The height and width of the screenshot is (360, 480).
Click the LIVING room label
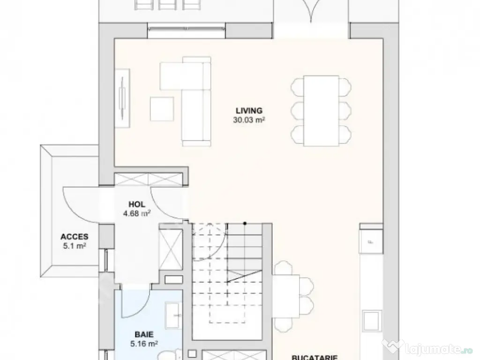pos(249,111)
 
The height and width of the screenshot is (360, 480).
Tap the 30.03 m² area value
pos(249,120)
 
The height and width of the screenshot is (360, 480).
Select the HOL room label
pos(137,204)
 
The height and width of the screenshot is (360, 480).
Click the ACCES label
pos(74,237)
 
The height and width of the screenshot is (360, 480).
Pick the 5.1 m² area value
pos(74,246)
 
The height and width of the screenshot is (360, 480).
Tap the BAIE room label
pos(144,335)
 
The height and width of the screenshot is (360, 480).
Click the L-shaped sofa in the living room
pos(195,101)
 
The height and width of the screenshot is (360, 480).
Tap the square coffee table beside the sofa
pos(162,109)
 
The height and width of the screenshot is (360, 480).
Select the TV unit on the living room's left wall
pos(123,97)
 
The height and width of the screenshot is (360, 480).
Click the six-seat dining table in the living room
pos(321,110)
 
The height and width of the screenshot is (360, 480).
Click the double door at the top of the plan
pos(311,14)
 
